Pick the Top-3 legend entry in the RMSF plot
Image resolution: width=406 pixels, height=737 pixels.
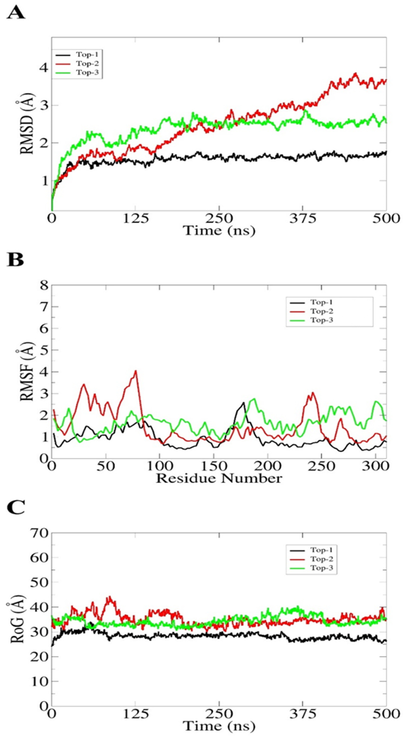point(322,320)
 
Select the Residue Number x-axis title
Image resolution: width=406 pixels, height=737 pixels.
point(219,478)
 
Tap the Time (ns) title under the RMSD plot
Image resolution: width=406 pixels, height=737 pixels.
point(219,231)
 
